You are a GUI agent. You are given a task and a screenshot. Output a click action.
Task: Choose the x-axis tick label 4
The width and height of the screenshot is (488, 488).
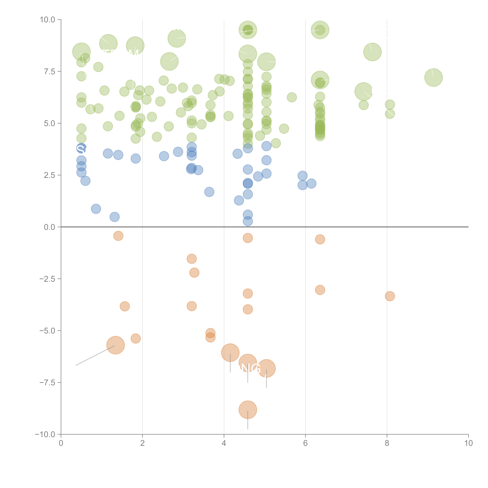[x=224, y=443]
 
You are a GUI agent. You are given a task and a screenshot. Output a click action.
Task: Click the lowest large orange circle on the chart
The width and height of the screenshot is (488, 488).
[x=248, y=410]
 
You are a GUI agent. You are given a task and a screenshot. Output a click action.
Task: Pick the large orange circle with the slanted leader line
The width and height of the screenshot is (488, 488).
[x=115, y=345]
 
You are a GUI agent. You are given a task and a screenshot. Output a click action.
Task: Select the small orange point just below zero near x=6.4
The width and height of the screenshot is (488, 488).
[x=320, y=239]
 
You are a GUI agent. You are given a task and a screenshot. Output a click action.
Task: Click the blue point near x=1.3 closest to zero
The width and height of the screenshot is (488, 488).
[x=114, y=217]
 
